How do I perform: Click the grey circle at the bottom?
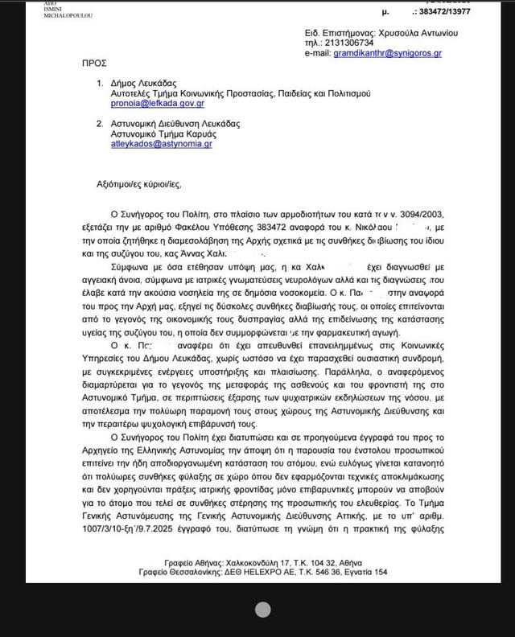(262, 610)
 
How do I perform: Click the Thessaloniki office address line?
(257, 571)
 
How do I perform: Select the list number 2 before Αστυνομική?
(100, 123)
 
